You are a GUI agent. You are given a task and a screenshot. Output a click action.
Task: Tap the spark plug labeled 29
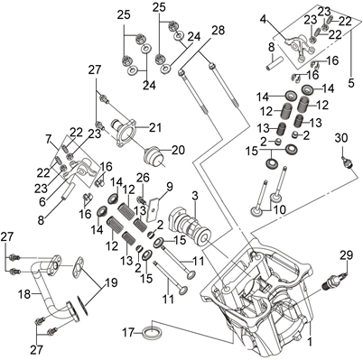tap(334, 281)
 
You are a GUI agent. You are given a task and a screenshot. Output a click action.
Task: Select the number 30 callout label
tap(341, 139)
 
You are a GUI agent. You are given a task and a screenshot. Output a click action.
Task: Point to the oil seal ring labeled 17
tap(154, 333)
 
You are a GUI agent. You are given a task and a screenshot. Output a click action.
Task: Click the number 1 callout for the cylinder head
tap(310, 342)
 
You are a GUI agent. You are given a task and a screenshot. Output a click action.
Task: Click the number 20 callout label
tap(178, 150)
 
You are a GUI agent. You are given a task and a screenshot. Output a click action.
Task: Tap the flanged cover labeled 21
tap(124, 132)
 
